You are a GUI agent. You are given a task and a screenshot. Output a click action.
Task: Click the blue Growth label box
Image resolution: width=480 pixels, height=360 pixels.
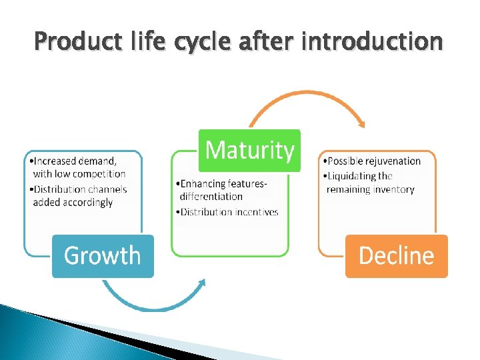coord(103,256)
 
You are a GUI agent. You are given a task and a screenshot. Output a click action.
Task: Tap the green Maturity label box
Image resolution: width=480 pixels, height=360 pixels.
coord(250,151)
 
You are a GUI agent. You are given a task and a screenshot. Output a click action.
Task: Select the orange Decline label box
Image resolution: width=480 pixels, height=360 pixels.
coord(396,256)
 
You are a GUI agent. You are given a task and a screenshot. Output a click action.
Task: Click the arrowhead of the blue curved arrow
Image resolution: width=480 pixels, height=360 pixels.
coord(202,283)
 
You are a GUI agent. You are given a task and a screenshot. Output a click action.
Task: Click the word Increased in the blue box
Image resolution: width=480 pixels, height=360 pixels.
coord(55,161)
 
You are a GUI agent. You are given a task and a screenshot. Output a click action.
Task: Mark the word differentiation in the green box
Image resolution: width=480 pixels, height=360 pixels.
coord(211,197)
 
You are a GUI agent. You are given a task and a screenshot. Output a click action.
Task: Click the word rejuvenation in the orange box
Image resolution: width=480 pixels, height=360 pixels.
coord(393,161)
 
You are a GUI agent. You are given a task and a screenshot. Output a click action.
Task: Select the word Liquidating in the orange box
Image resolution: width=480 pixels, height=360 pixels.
coord(351,176)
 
